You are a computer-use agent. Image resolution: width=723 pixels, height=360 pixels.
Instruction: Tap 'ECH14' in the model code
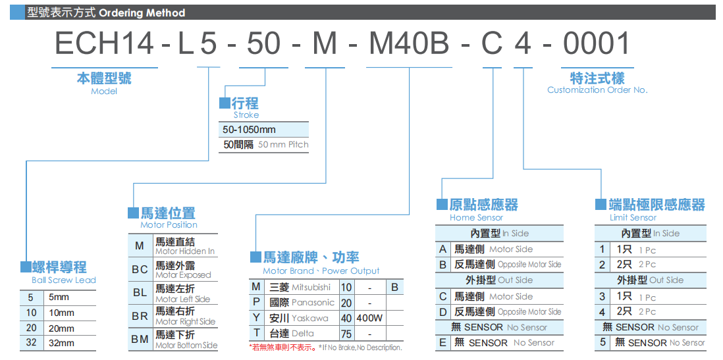click(104, 44)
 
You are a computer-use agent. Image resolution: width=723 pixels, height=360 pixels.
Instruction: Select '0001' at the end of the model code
click(596, 44)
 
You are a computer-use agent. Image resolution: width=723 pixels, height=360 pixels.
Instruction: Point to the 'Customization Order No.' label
click(597, 90)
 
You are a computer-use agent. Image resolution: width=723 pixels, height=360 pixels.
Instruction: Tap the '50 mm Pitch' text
click(283, 145)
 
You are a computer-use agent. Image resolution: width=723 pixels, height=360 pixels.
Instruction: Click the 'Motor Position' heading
click(169, 225)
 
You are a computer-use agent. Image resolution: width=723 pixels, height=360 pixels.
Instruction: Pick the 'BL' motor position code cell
click(140, 293)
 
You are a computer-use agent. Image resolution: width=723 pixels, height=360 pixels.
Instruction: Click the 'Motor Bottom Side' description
click(186, 346)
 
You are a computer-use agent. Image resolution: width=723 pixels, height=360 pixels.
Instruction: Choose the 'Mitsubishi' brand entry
click(311, 288)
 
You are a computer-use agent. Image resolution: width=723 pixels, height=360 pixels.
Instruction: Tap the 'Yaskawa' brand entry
click(310, 318)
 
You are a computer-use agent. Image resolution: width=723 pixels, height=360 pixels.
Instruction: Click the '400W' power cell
click(370, 318)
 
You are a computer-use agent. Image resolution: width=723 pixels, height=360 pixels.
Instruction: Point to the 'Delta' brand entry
click(302, 333)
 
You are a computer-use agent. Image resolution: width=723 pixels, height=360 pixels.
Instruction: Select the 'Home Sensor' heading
click(476, 218)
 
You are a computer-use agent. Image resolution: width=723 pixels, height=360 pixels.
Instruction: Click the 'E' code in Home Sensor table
click(442, 343)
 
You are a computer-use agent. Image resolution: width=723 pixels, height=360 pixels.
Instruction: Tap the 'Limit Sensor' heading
click(633, 218)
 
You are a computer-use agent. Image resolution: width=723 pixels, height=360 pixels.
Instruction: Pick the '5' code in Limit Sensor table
click(602, 343)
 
